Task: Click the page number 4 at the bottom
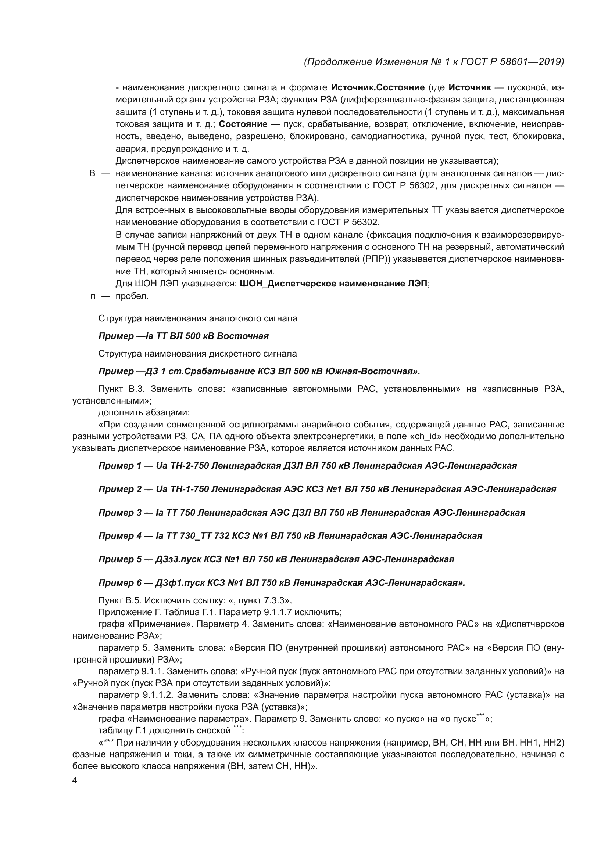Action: click(x=75, y=780)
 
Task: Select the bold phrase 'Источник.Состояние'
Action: click(x=378, y=87)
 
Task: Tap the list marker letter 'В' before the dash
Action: click(x=92, y=174)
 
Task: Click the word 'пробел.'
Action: click(x=132, y=296)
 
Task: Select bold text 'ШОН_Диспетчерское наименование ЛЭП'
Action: click(x=333, y=284)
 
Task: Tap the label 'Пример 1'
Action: click(x=119, y=466)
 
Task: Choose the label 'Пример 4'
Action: click(x=120, y=536)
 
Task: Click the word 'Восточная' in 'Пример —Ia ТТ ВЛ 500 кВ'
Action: click(x=243, y=336)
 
